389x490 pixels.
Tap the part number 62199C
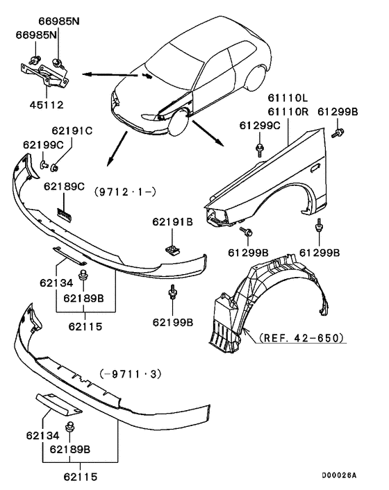[43, 144]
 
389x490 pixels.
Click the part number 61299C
[261, 125]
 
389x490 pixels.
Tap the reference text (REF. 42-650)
[302, 339]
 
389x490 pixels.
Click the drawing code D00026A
[338, 475]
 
